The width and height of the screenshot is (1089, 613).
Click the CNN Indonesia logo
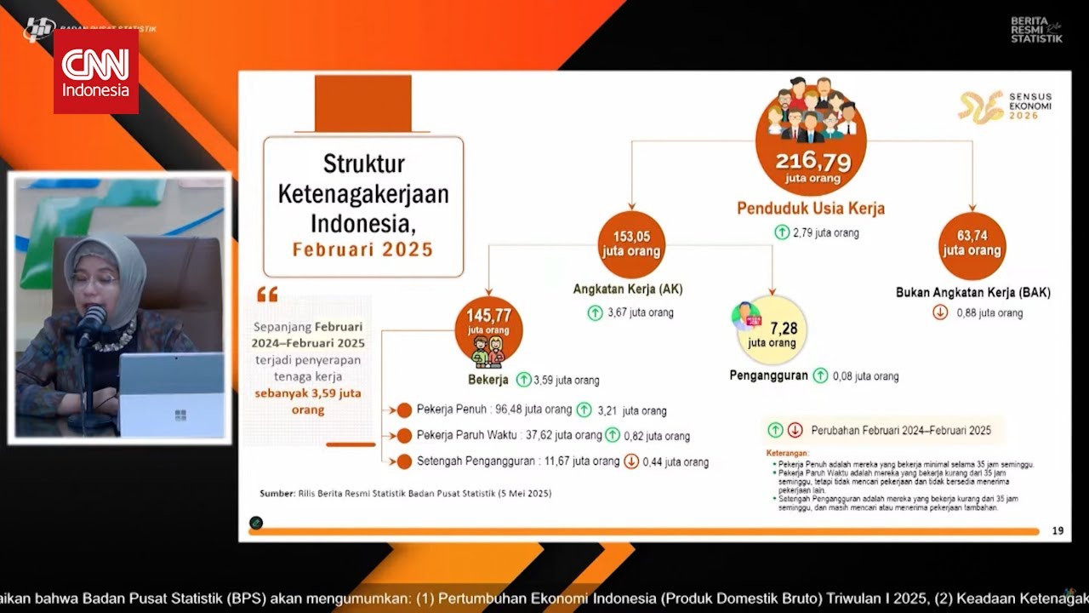pos(96,72)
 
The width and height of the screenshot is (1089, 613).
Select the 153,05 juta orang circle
pos(631,245)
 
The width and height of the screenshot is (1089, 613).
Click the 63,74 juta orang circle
pos(972,245)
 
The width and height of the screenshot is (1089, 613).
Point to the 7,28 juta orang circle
pos(772,330)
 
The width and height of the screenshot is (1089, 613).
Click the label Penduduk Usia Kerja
pos(811,209)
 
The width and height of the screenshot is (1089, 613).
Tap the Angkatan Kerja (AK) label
pos(628,289)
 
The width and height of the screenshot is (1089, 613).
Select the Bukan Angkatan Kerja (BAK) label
pos(973,292)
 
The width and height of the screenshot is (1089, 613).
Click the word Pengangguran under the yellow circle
pos(769,375)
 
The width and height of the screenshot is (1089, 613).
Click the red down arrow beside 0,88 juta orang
pos(940,312)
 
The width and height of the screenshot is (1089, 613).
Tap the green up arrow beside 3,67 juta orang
pos(596,312)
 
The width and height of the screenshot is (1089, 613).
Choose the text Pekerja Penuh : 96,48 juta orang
pos(494,410)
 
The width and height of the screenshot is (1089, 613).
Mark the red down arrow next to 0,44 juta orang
pos(631,461)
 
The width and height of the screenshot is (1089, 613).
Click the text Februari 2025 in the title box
pos(363,250)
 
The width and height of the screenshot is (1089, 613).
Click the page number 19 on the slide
pos(1058,531)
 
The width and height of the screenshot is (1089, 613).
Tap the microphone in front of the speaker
pos(91,324)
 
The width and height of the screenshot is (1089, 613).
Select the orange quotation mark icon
pos(267,295)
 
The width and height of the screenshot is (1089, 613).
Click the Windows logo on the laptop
pos(180,415)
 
